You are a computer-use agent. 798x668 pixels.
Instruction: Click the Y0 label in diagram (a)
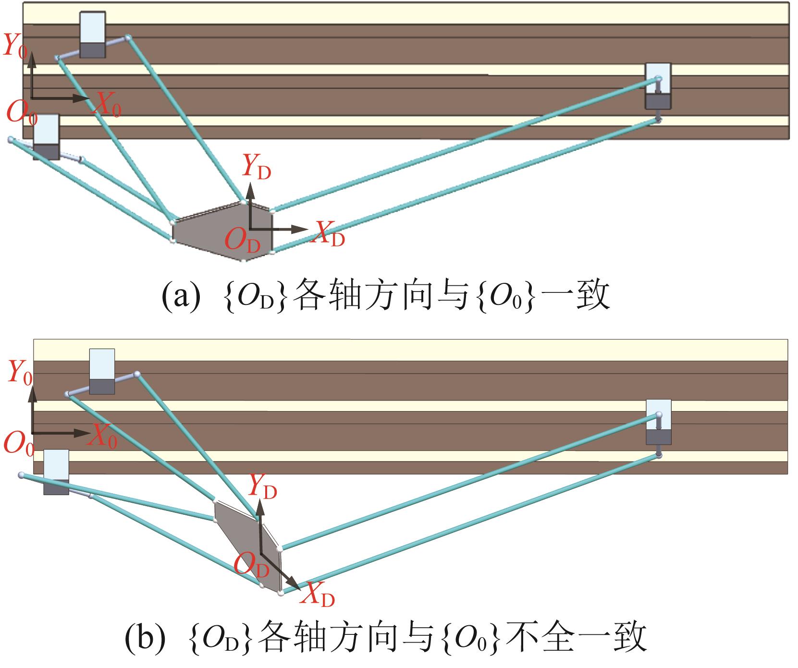(x=14, y=46)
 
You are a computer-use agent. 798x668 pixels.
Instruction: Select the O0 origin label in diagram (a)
(x=21, y=113)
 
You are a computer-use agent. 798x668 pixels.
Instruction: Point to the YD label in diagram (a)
(x=256, y=168)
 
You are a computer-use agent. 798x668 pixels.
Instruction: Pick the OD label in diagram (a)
(x=242, y=240)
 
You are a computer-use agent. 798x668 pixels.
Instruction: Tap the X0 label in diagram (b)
(x=103, y=436)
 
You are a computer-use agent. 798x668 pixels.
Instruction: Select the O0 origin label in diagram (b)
(x=19, y=443)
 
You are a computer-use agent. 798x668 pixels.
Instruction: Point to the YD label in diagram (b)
(x=262, y=487)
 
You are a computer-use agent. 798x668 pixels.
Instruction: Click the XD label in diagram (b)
(x=318, y=595)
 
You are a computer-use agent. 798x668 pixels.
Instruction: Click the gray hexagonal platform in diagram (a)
(x=221, y=231)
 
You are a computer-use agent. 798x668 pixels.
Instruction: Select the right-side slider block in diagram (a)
(x=658, y=86)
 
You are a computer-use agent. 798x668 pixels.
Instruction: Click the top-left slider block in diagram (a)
(x=92, y=35)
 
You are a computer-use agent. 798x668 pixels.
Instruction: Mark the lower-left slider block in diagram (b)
(x=56, y=472)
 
